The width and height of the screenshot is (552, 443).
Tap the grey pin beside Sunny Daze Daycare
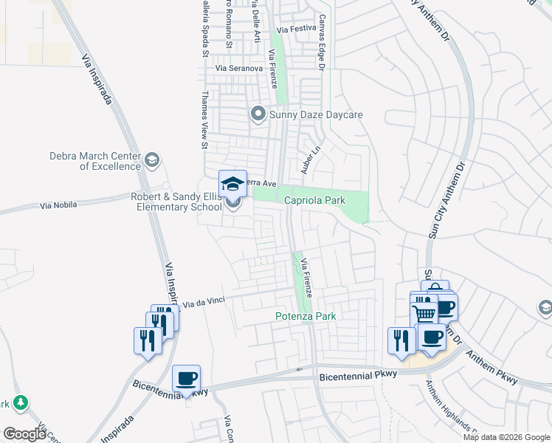(x=258, y=114)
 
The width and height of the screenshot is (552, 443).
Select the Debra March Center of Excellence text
(x=94, y=161)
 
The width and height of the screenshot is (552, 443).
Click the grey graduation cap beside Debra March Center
(x=151, y=160)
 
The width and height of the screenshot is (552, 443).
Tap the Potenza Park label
(x=306, y=316)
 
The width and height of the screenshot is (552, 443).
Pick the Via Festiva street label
(x=293, y=29)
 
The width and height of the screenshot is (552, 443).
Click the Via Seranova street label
(x=239, y=68)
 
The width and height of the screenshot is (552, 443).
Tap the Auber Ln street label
(x=309, y=159)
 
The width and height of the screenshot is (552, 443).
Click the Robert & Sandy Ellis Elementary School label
(x=176, y=202)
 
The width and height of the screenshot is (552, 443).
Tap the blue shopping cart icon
(x=424, y=313)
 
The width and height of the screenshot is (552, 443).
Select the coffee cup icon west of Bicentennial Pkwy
(x=187, y=379)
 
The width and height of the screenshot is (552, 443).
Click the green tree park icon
(x=21, y=402)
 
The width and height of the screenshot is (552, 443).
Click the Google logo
(x=24, y=434)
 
